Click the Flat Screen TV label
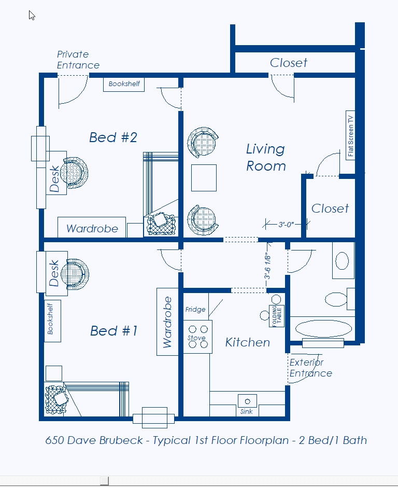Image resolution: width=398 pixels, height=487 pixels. [351, 135]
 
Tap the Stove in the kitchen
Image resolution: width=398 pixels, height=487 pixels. [197, 337]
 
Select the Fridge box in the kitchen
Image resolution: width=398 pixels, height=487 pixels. [195, 309]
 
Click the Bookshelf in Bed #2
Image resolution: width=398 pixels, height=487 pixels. [124, 84]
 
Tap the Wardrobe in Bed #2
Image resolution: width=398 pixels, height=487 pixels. [92, 228]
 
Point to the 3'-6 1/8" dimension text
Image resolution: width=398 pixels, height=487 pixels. [268, 265]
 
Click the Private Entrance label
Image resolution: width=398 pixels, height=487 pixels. [78, 60]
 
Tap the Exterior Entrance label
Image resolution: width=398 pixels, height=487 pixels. [310, 368]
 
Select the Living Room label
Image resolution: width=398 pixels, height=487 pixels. [265, 158]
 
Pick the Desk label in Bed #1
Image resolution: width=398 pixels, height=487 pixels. [54, 273]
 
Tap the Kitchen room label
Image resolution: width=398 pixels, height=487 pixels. [247, 342]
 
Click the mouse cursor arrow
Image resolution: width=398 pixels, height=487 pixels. [32, 15]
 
